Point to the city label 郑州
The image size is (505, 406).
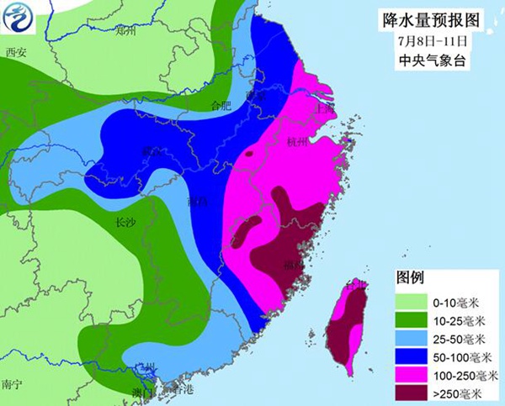pyautogui.click(x=125, y=32)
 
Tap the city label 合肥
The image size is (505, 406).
pyautogui.click(x=220, y=105)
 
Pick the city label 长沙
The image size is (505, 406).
pyautogui.click(x=125, y=224)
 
